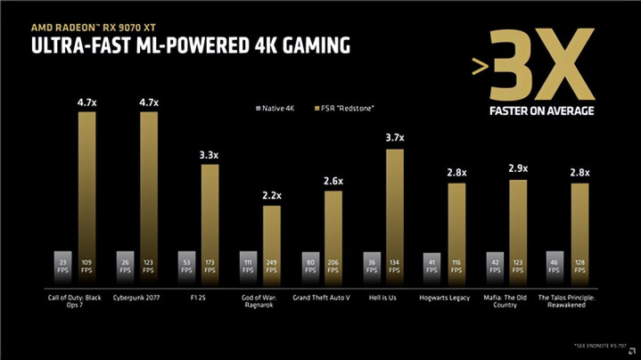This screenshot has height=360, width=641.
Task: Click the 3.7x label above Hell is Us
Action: coord(395,138)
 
